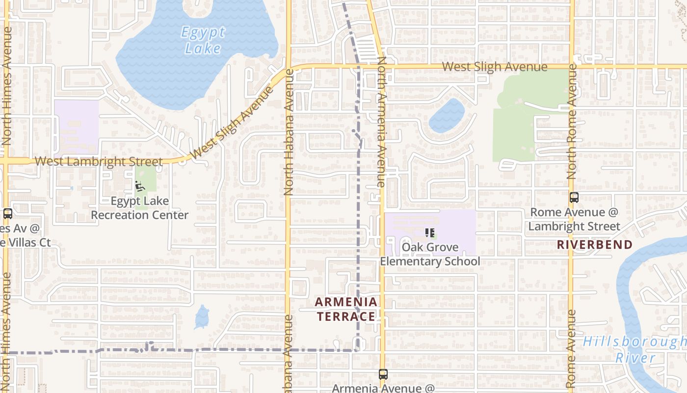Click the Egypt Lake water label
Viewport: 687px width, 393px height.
pyautogui.click(x=203, y=40)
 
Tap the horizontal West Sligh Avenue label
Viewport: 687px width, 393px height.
pyautogui.click(x=494, y=67)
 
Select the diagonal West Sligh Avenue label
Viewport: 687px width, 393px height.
pyautogui.click(x=232, y=123)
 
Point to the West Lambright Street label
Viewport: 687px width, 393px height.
pyautogui.click(x=99, y=162)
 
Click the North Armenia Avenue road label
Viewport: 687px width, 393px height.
pyautogui.click(x=382, y=122)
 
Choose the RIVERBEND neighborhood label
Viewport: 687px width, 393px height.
pyautogui.click(x=594, y=245)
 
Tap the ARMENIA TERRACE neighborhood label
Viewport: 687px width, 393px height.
pyautogui.click(x=346, y=309)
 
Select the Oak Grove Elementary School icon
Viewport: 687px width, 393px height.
pyautogui.click(x=430, y=232)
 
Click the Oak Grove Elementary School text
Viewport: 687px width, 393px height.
pyautogui.click(x=430, y=254)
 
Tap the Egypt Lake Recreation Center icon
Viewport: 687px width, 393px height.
pyautogui.click(x=140, y=186)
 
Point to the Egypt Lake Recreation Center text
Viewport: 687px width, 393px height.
pyautogui.click(x=139, y=208)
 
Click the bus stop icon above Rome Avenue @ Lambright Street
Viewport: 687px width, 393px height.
pyautogui.click(x=574, y=197)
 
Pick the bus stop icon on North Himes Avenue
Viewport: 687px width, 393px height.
pyautogui.click(x=7, y=214)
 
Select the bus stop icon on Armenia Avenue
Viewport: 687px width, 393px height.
pyautogui.click(x=383, y=374)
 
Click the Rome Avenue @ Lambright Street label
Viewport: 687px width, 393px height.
pyautogui.click(x=574, y=219)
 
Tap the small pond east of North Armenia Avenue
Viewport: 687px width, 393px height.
pyautogui.click(x=447, y=115)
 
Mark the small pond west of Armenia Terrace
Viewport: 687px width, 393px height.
pyautogui.click(x=202, y=317)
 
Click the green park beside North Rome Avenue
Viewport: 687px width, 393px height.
pyautogui.click(x=520, y=118)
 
